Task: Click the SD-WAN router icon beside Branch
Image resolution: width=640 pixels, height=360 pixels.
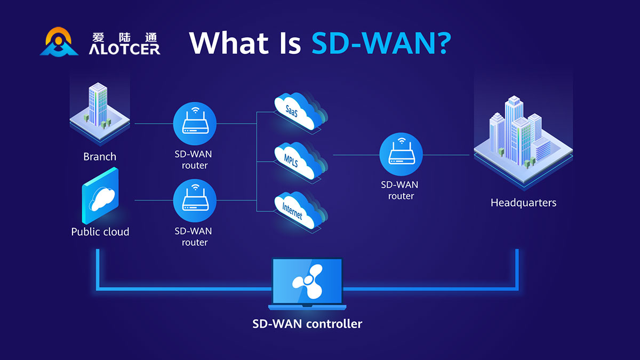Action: click(x=195, y=124)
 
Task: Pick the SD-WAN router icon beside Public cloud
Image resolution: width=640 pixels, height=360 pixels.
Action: click(x=195, y=200)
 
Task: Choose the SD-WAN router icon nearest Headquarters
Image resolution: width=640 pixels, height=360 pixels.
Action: click(x=401, y=155)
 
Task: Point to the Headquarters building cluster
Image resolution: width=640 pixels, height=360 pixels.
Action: click(x=523, y=139)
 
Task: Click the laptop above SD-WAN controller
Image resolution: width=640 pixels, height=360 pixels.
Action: click(x=307, y=283)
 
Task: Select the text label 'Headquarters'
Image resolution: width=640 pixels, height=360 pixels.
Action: click(x=523, y=203)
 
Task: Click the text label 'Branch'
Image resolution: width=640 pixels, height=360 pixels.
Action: click(x=100, y=157)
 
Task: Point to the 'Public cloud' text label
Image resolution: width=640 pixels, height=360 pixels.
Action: click(x=100, y=232)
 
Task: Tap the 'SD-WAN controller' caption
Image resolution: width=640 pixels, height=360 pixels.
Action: click(x=307, y=324)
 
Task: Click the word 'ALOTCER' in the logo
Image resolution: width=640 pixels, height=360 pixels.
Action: click(x=124, y=49)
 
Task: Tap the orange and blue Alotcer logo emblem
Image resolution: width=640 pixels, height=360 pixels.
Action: click(x=59, y=43)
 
